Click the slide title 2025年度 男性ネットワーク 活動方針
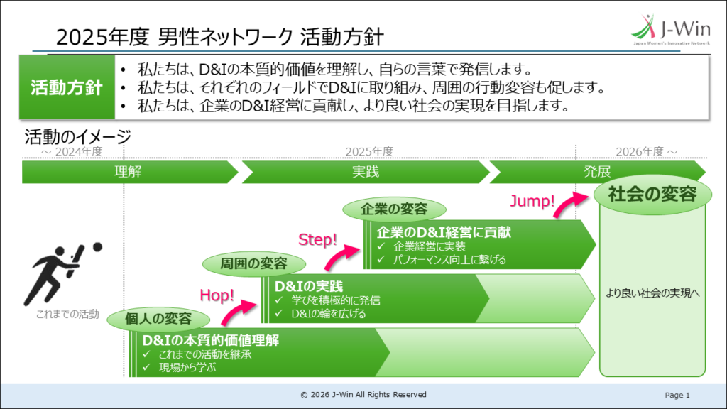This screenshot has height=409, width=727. [x=221, y=37]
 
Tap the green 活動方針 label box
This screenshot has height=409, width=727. [x=67, y=88]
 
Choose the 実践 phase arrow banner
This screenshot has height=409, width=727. [x=366, y=172]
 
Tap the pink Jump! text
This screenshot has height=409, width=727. [x=532, y=201]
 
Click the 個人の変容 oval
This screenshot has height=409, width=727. [x=158, y=318]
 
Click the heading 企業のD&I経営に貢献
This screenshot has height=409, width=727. [x=444, y=232]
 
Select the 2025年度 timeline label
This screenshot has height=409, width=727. [x=369, y=151]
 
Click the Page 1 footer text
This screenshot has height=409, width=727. [x=677, y=395]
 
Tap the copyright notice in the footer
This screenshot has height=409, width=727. [x=363, y=395]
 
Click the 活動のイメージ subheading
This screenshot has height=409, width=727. [x=77, y=136]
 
